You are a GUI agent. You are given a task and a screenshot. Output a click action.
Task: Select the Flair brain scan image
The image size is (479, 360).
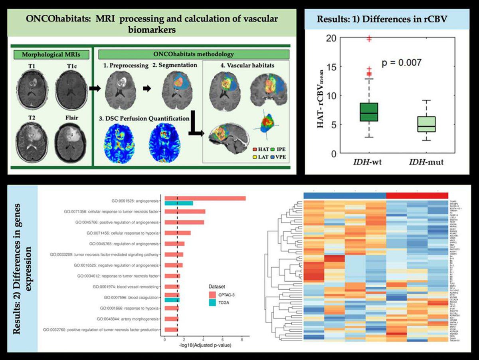tap(71, 142)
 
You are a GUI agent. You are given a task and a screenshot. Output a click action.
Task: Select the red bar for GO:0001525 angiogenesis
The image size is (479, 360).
tap(205, 198)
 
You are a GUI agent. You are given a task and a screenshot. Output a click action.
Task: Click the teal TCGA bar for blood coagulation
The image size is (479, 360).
tap(172, 300)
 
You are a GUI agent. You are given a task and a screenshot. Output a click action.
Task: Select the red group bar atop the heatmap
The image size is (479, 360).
tap(417, 195)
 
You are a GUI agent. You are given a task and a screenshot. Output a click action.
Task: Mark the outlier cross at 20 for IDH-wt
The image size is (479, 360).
tap(369, 39)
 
